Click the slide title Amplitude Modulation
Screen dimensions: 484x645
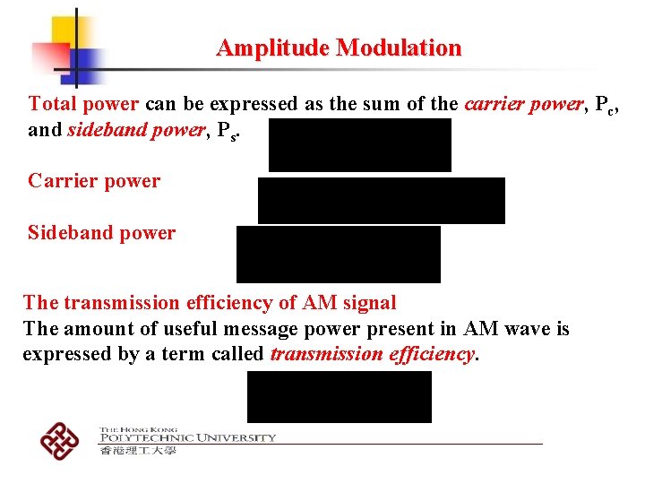pyautogui.click(x=339, y=48)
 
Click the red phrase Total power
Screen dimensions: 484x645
pyautogui.click(x=84, y=103)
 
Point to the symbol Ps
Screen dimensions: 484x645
pyautogui.click(x=230, y=131)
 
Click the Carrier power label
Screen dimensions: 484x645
pyautogui.click(x=94, y=181)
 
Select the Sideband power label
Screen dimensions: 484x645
pyautogui.click(x=101, y=233)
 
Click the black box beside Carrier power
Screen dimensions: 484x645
pyautogui.click(x=381, y=200)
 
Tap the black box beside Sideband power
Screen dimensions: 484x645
pyautogui.click(x=338, y=254)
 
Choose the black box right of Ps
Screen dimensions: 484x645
pyautogui.click(x=359, y=144)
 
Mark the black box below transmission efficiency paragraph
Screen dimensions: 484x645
pyautogui.click(x=339, y=396)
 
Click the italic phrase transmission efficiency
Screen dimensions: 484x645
pyautogui.click(x=372, y=354)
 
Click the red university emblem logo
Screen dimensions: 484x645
pyautogui.click(x=59, y=439)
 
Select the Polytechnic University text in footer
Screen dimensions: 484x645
pyautogui.click(x=187, y=437)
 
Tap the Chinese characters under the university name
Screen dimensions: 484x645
pyautogui.click(x=138, y=450)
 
